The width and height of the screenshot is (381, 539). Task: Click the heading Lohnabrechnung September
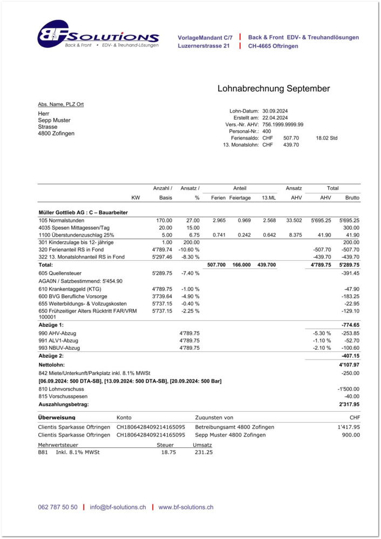[x=274, y=88]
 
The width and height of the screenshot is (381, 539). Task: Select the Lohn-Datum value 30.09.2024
[x=275, y=110]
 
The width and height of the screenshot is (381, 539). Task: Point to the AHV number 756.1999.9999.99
[x=283, y=125]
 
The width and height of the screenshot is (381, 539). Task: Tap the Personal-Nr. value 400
[x=267, y=131]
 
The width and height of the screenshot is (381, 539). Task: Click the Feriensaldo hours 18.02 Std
[x=326, y=138]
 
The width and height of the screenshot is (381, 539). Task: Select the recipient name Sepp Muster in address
[x=54, y=120]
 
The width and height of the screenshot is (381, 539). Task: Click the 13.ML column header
[x=269, y=198]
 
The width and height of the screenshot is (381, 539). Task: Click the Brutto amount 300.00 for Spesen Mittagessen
[x=351, y=228]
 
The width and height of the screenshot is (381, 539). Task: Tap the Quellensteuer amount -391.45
[x=350, y=273]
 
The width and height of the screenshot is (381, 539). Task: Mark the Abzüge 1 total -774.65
[x=350, y=325]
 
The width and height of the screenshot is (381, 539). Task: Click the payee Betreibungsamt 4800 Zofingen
[x=234, y=427]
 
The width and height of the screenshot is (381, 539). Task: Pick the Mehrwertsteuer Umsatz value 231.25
[x=203, y=452]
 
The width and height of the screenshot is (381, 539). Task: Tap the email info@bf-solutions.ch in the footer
[x=118, y=507]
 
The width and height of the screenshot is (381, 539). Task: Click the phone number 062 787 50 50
[x=58, y=507]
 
